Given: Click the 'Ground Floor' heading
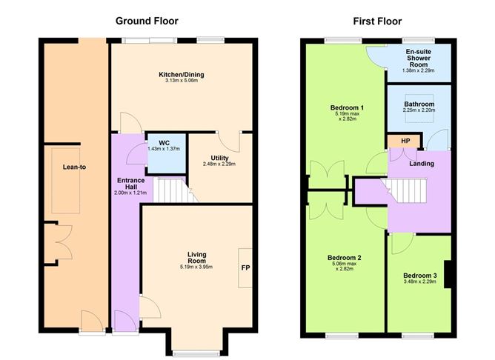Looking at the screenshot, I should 147,20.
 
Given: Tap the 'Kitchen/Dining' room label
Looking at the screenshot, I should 181,75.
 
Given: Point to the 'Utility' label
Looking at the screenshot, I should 219,157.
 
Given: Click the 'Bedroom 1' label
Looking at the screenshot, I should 346,109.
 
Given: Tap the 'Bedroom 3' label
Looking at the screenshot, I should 419,276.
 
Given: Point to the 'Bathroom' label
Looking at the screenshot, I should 419,104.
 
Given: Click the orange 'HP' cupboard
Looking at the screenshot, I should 405,141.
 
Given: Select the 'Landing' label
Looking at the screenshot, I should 421,163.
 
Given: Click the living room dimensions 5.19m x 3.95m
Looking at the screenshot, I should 196,267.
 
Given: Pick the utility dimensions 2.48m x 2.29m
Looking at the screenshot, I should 219,164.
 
